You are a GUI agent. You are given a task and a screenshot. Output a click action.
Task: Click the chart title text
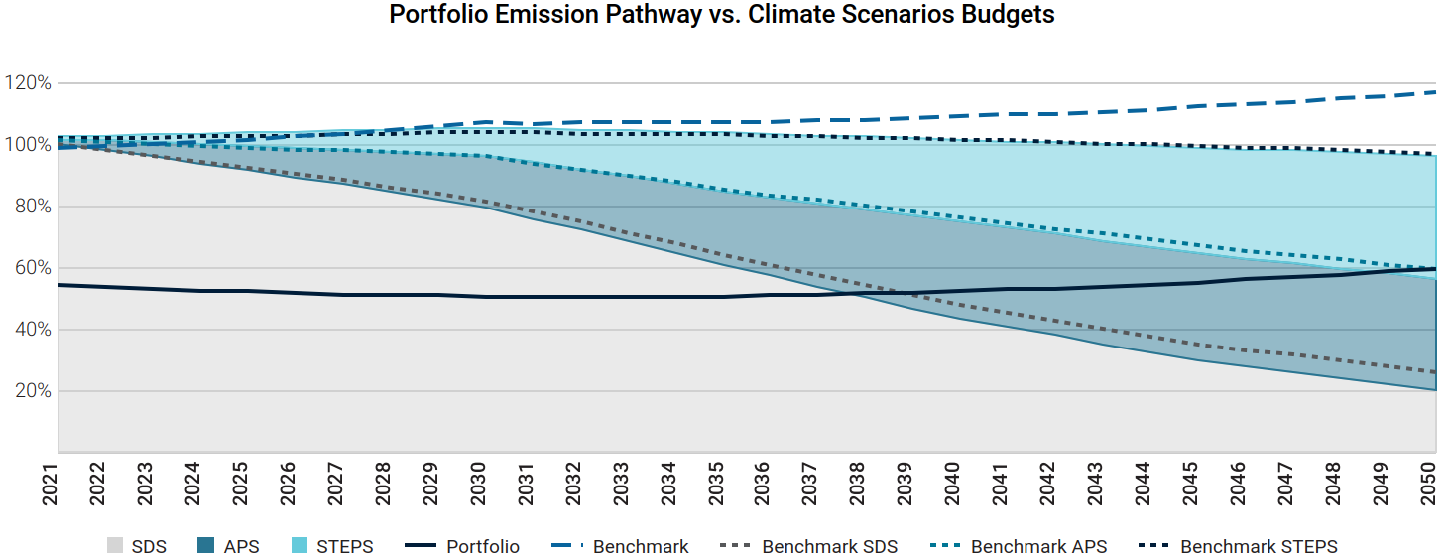[x=722, y=16]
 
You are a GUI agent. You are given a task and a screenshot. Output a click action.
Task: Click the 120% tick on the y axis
[x=28, y=82]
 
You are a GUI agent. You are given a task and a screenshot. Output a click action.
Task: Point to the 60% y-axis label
[x=31, y=268]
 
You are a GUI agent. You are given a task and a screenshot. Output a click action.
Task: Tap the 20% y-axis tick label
[x=31, y=391]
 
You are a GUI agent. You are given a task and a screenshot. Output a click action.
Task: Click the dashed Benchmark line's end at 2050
[x=1434, y=92]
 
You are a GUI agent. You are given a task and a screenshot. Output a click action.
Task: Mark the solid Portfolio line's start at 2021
[x=59, y=285]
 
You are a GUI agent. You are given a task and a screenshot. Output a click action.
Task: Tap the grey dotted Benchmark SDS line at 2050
[x=1434, y=372]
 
